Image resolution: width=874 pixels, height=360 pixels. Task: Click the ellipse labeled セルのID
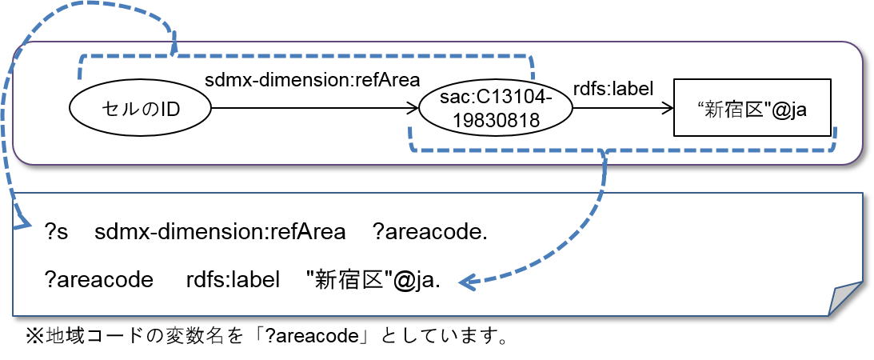coord(140,108)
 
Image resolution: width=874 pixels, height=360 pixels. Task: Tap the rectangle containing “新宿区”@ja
coord(752,108)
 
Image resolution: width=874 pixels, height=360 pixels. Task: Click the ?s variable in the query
coord(57,234)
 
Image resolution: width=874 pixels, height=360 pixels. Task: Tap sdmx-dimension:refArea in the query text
coord(220,234)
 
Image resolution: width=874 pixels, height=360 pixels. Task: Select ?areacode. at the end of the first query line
coord(430,234)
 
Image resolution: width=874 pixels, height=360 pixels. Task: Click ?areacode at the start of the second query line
coord(99,280)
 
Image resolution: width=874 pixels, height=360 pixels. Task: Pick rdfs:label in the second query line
coord(233,280)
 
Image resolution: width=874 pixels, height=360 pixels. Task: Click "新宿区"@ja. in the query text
coord(373,280)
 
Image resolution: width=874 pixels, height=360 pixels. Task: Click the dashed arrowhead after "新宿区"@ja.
coord(466,282)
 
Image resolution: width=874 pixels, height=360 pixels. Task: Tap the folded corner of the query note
coord(844,298)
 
